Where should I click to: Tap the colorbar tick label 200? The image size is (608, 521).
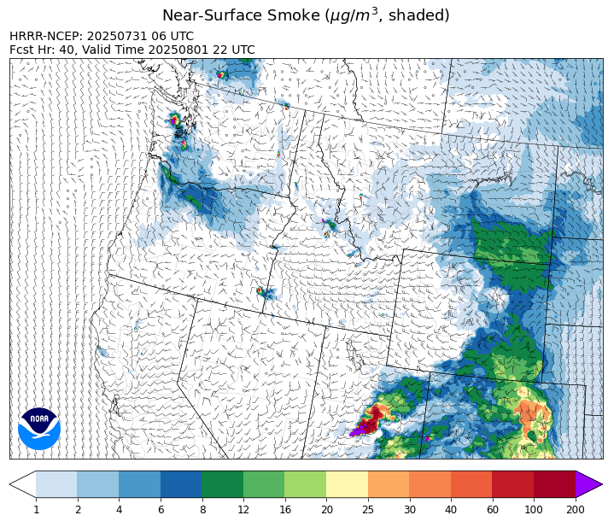tap(575, 510)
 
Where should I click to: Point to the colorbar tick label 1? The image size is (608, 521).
tap(36, 510)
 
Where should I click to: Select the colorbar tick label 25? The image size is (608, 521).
tap(367, 510)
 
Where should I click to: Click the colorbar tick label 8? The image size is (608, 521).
tap(202, 510)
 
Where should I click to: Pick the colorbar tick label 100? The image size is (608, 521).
tap(534, 510)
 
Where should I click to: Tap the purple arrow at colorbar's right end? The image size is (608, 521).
tap(588, 484)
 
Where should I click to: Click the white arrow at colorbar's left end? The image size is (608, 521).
tap(23, 484)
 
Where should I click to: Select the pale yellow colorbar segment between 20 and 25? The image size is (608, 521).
tap(347, 484)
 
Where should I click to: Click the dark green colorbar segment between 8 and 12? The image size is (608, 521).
tap(222, 484)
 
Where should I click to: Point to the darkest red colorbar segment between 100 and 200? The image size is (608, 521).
tap(554, 484)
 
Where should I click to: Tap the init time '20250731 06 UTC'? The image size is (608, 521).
tap(141, 37)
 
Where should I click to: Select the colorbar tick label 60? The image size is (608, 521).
tap(492, 510)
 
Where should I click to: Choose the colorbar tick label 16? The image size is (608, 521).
tap(284, 510)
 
